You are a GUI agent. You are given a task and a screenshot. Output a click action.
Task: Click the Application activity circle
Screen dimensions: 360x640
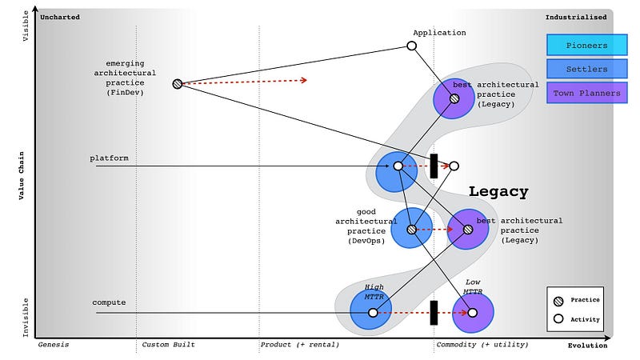[412, 46]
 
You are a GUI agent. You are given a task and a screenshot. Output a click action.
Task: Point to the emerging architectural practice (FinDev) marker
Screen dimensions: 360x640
[177, 83]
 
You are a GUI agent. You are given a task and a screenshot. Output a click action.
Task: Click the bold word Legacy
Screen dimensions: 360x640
[498, 192]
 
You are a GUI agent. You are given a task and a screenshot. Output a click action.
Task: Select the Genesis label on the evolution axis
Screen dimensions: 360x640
[54, 345]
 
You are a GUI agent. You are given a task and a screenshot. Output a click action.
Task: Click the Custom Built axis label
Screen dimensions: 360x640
[168, 345]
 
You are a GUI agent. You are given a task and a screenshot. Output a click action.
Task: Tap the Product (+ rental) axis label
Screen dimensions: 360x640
[299, 345]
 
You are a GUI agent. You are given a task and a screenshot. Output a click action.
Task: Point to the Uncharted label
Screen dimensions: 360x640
[61, 17]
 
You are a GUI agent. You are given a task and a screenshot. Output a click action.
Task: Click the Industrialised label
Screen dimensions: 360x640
[575, 17]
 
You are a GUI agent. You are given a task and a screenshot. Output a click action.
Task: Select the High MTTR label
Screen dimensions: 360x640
[374, 292]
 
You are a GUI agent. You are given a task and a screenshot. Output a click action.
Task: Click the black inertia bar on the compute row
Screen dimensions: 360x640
[434, 312]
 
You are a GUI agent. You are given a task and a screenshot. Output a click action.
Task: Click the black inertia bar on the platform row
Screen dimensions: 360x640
[434, 166]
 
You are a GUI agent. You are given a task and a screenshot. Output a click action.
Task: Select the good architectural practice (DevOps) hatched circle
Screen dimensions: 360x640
[411, 229]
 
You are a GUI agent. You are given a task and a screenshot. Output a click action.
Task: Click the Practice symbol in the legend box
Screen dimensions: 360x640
[559, 300]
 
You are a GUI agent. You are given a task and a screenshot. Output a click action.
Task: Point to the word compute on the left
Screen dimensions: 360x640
[108, 302]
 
